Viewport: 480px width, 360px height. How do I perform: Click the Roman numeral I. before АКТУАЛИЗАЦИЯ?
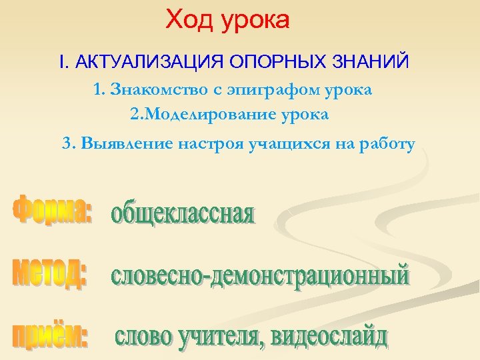(63, 63)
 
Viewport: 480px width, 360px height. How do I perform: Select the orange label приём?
(51, 333)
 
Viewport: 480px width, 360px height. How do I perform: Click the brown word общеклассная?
(183, 215)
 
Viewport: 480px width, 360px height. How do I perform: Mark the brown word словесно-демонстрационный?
(260, 275)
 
